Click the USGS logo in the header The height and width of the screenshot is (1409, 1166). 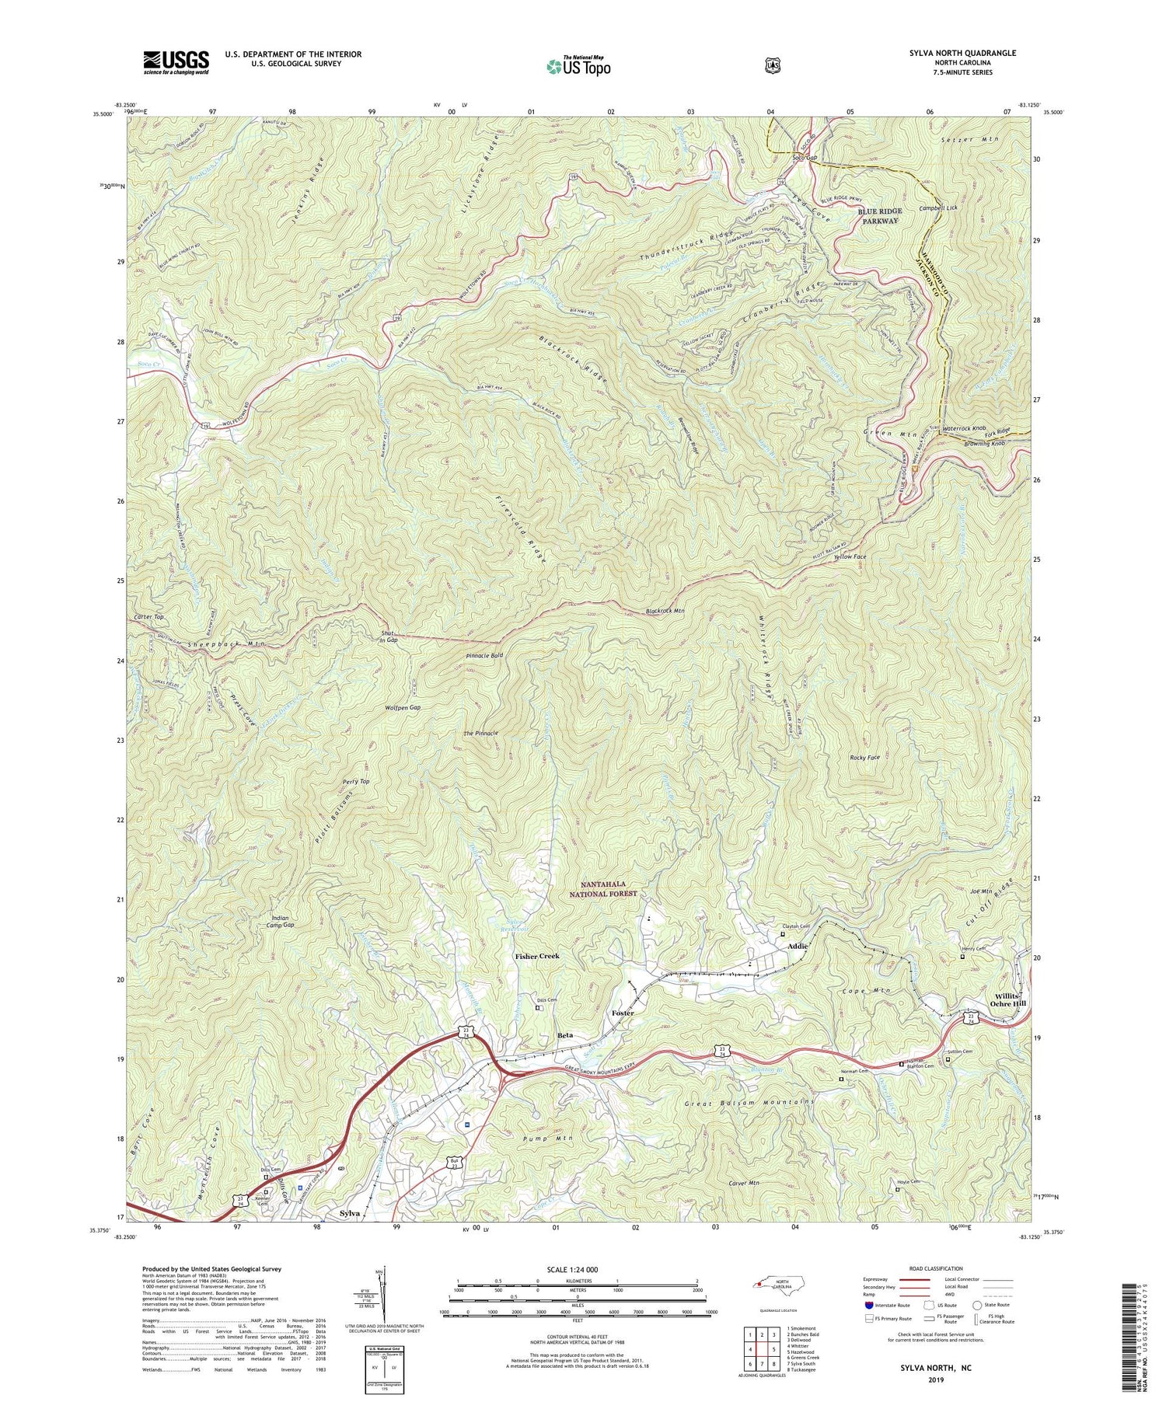pyautogui.click(x=176, y=62)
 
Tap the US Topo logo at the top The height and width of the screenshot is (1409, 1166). pyautogui.click(x=578, y=66)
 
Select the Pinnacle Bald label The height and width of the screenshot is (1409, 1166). pyautogui.click(x=484, y=656)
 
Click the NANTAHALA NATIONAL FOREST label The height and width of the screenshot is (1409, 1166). pyautogui.click(x=609, y=889)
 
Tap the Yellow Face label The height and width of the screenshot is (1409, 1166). pyautogui.click(x=850, y=557)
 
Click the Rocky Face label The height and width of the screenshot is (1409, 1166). pyautogui.click(x=864, y=757)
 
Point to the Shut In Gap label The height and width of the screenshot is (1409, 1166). pyautogui.click(x=389, y=636)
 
